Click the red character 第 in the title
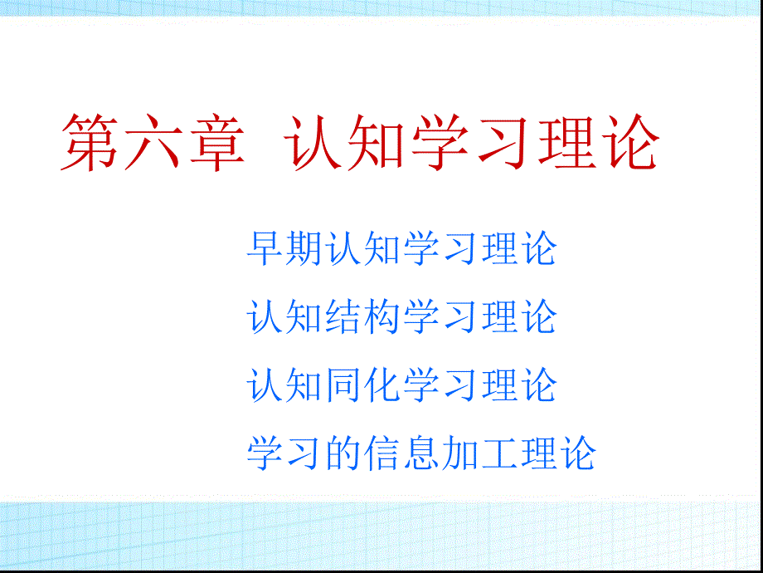pyautogui.click(x=90, y=142)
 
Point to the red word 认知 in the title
pyautogui.click(x=346, y=142)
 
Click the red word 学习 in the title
pyautogui.click(x=472, y=142)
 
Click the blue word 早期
pyautogui.click(x=284, y=248)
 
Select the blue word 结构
pyautogui.click(x=362, y=317)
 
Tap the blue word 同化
pyautogui.click(x=362, y=385)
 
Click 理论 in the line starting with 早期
pyautogui.click(x=518, y=248)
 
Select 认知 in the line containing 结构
pyautogui.click(x=284, y=317)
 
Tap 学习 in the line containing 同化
pyautogui.click(x=440, y=385)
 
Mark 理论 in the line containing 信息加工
pyautogui.click(x=557, y=453)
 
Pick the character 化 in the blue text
pyautogui.click(x=382, y=385)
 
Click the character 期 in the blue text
pyautogui.click(x=304, y=248)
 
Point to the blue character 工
pyautogui.click(x=498, y=453)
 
